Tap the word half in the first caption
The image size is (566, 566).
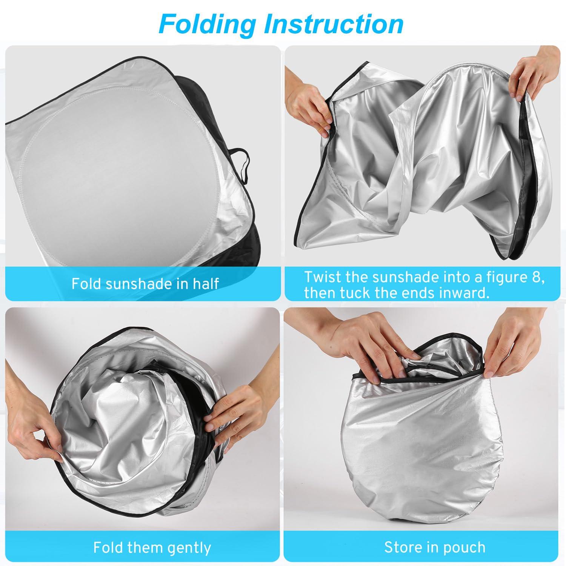(206, 283)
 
